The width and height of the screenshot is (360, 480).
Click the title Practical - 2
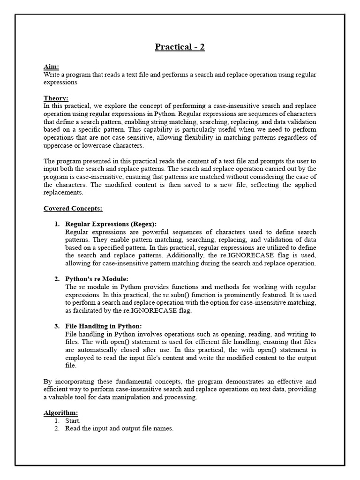pyautogui.click(x=180, y=47)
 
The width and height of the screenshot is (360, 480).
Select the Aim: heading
pyautogui.click(x=51, y=67)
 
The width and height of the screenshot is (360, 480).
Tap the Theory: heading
pyautogui.click(x=56, y=98)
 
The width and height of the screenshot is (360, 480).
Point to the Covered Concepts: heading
pyautogui.click(x=73, y=208)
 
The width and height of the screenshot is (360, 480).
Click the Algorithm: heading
pyautogui.click(x=60, y=412)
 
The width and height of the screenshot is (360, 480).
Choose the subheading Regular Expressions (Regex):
pyautogui.click(x=111, y=224)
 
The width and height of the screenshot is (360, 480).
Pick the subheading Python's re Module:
pyautogui.click(x=97, y=279)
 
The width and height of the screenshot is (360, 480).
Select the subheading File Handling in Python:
pyautogui.click(x=103, y=326)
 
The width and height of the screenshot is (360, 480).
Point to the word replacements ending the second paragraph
pyautogui.click(x=63, y=192)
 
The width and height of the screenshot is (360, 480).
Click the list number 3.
pyautogui.click(x=56, y=326)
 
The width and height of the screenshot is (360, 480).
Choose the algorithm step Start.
pyautogui.click(x=73, y=420)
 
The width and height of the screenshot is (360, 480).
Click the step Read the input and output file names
pyautogui.click(x=119, y=428)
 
